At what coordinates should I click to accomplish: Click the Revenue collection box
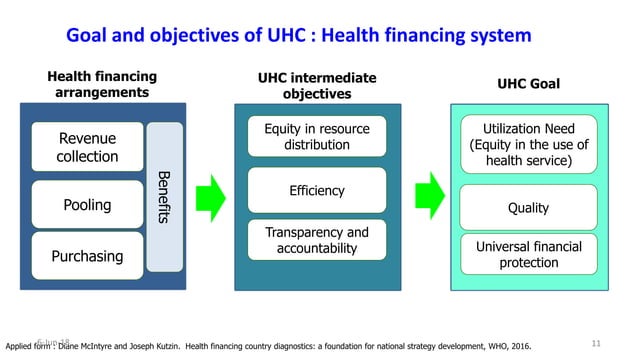point(88,147)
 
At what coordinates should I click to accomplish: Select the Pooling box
point(88,204)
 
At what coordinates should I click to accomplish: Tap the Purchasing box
point(88,257)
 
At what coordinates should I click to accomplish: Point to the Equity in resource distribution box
point(316,137)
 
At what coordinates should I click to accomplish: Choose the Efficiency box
point(316,190)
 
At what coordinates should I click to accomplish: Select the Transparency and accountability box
point(316,240)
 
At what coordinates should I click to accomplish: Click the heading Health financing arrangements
point(102,84)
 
